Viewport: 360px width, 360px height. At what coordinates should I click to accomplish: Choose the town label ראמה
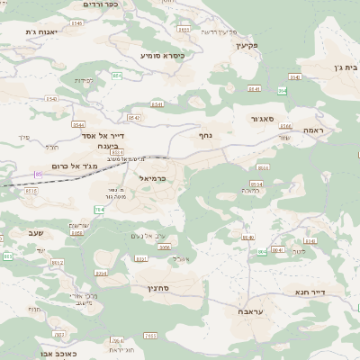[x=313, y=130]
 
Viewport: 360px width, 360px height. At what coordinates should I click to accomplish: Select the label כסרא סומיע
[x=162, y=55]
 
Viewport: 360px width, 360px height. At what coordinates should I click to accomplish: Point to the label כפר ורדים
[x=99, y=4]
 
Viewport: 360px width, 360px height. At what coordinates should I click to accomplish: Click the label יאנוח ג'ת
[x=42, y=32]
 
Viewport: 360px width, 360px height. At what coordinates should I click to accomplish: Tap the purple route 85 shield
[x=38, y=174]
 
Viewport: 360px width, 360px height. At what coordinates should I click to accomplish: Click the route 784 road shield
[x=99, y=209]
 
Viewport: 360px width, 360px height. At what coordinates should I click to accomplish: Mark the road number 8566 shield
[x=264, y=167]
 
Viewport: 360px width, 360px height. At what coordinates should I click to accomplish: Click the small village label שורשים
[x=77, y=225]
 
